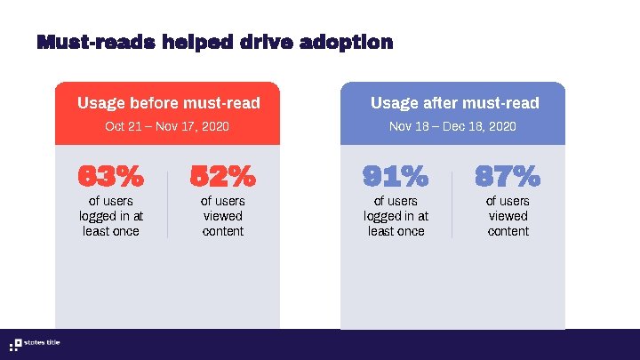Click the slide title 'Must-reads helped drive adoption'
pos(214,42)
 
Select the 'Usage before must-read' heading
pos(168,103)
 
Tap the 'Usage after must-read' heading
pos(454,103)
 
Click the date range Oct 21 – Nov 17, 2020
pos(167,127)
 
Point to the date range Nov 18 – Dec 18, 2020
pos(452,127)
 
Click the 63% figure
pos(110,177)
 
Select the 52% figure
pos(222,177)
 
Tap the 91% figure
pos(395,177)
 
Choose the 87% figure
pos(508,177)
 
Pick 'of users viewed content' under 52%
pos(222,216)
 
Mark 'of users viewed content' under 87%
pos(508,216)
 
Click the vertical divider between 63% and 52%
pos(167,205)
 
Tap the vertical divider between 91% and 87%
pos(452,205)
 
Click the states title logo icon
pos(15,345)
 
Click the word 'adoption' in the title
pos(348,42)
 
